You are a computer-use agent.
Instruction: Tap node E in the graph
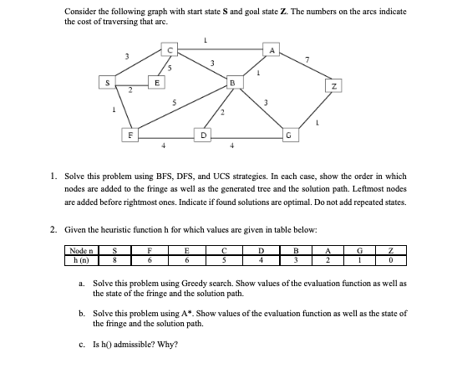pos(156,82)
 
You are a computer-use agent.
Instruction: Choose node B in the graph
pos(234,82)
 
